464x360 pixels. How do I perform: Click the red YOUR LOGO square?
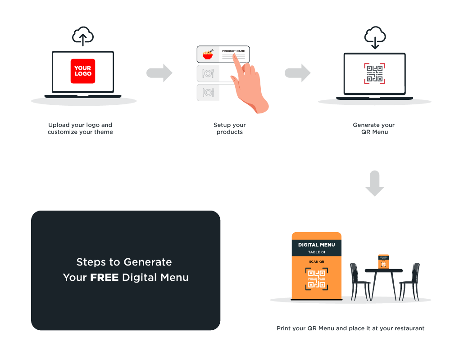[x=83, y=71]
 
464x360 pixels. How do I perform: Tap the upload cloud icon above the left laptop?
[x=83, y=36]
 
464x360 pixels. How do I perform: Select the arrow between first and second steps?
[x=159, y=73]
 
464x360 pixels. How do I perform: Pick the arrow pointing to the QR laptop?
[x=298, y=73]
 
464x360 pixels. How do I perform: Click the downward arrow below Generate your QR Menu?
[x=374, y=183]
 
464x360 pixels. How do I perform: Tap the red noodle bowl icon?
[x=208, y=55]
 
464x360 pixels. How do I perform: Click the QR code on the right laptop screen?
[x=374, y=73]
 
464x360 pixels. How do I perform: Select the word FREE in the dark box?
[x=104, y=278]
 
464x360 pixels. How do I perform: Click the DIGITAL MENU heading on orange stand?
[x=316, y=245]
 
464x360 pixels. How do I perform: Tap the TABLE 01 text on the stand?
[x=316, y=252]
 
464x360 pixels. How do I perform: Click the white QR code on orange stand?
[x=316, y=279]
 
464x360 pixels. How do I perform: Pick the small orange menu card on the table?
[x=383, y=262]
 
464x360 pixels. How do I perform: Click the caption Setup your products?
[x=230, y=129]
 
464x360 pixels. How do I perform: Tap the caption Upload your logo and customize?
[x=80, y=129]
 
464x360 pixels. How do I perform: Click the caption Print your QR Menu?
[x=350, y=328]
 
